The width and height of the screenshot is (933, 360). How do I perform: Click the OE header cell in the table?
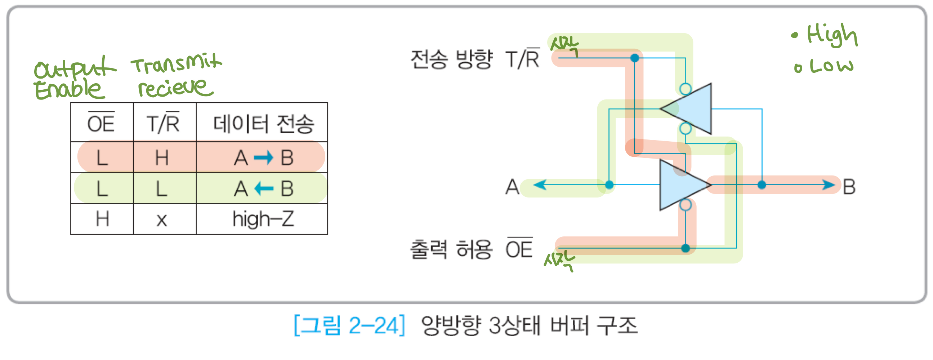pyautogui.click(x=102, y=123)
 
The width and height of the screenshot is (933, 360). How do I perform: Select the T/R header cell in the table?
pyautogui.click(x=163, y=123)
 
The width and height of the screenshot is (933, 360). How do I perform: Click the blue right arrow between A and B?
pyautogui.click(x=264, y=157)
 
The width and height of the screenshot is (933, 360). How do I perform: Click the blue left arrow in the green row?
pyautogui.click(x=264, y=188)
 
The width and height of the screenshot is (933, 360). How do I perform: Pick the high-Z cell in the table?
pyautogui.click(x=263, y=219)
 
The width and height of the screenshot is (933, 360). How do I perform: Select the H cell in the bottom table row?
pyautogui.click(x=103, y=219)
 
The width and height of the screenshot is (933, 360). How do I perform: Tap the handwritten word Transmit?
pyautogui.click(x=177, y=63)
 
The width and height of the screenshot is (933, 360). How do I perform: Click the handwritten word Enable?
pyautogui.click(x=68, y=89)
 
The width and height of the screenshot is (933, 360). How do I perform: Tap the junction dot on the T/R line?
pyautogui.click(x=635, y=58)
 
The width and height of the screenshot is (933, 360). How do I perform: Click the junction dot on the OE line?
pyautogui.click(x=685, y=248)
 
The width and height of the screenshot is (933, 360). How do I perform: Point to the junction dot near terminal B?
pyautogui.click(x=762, y=185)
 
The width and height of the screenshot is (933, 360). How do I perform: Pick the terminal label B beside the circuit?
pyautogui.click(x=849, y=187)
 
